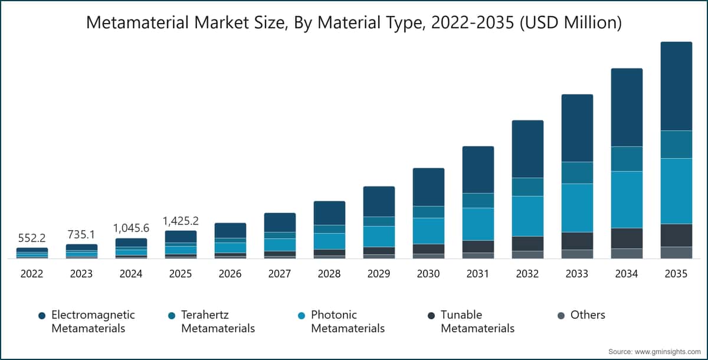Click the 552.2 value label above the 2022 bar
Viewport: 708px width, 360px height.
pos(32,238)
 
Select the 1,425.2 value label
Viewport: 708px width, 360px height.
pos(181,221)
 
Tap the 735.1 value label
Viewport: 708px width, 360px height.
pos(81,234)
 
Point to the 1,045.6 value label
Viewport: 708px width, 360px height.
pos(131,228)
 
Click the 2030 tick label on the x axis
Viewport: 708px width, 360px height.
pos(428,274)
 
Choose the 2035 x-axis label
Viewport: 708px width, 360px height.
pos(676,274)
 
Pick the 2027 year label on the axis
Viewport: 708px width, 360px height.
pos(280,274)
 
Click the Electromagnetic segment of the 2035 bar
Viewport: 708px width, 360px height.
pos(676,86)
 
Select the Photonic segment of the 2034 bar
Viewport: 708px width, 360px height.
pos(627,199)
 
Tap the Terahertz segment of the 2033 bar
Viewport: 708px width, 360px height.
pos(577,173)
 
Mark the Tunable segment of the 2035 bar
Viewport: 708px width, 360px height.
pos(676,235)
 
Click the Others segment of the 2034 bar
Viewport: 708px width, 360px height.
pos(627,254)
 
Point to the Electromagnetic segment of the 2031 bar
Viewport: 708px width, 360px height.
pos(478,170)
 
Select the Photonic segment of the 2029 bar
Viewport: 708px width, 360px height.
pos(379,237)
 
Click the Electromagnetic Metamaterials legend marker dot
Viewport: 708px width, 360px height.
pos(42,316)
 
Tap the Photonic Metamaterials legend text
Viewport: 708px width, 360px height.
pos(348,322)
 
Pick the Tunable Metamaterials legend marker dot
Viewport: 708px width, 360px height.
pos(431,316)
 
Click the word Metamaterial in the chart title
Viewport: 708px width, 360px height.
pos(137,23)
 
